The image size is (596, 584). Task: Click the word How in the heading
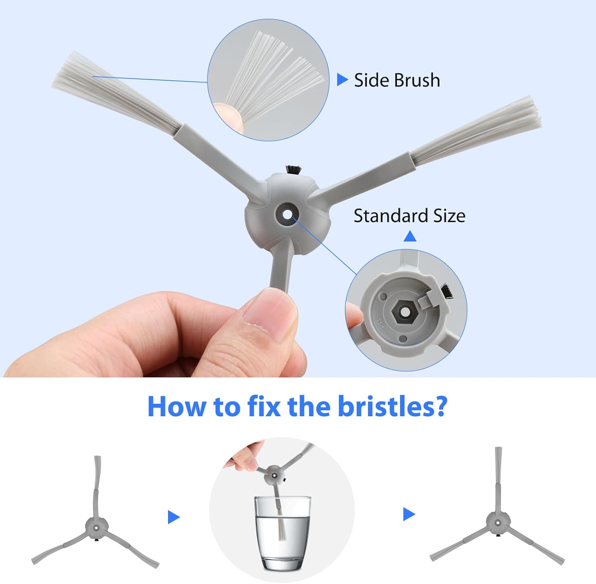pyautogui.click(x=178, y=406)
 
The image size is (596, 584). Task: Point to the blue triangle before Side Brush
pyautogui.click(x=342, y=80)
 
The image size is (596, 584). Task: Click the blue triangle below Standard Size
pyautogui.click(x=410, y=237)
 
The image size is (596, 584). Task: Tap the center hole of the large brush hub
pyautogui.click(x=287, y=213)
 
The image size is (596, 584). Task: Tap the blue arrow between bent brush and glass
pyautogui.click(x=174, y=517)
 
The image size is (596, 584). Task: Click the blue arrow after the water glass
pyautogui.click(x=409, y=514)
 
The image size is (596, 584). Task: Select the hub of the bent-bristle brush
pyautogui.click(x=96, y=527)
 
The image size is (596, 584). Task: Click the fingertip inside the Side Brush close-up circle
pyautogui.click(x=227, y=115)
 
